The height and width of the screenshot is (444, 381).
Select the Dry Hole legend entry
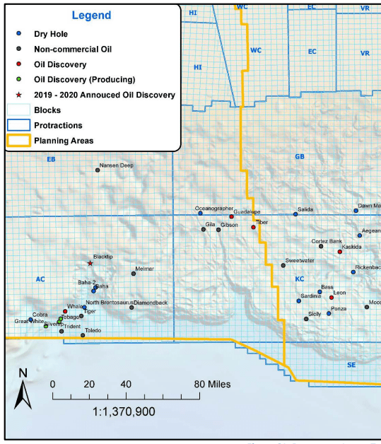(50, 34)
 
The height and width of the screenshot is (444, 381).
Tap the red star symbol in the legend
(19, 95)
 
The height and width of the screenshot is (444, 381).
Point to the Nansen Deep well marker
(98, 170)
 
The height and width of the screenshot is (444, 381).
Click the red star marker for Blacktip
(90, 264)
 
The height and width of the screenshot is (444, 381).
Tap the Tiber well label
(262, 222)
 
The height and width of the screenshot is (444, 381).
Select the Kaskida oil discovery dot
(340, 252)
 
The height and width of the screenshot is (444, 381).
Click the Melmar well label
(144, 269)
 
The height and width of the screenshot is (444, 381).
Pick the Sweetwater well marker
(283, 265)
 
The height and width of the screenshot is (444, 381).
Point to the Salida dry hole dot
(295, 214)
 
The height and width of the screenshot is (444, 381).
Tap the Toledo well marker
(83, 335)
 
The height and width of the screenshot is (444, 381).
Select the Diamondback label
(151, 303)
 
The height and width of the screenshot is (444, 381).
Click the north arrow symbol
(22, 391)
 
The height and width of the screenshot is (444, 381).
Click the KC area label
(300, 279)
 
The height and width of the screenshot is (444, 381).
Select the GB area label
(299, 156)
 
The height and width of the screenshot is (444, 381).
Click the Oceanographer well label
(214, 209)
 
